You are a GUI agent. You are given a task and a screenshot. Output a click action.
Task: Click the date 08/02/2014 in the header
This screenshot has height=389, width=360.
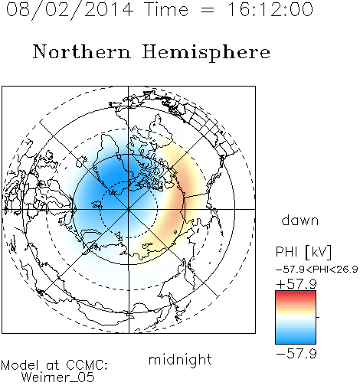tap(70, 10)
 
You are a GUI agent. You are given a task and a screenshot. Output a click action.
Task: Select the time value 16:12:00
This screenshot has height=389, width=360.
tap(270, 9)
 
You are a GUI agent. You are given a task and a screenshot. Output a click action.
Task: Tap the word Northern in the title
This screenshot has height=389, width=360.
tap(82, 51)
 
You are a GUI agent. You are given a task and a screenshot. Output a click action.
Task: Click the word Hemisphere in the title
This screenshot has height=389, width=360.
tap(206, 53)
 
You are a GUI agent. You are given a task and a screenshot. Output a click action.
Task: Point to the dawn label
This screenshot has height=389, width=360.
tap(300, 221)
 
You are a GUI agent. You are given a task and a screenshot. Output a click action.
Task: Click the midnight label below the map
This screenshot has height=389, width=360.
tap(180, 359)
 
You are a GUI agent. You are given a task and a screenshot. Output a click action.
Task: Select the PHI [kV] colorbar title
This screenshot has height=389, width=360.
tap(303, 252)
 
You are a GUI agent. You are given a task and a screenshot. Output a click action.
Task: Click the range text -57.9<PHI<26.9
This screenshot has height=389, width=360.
tap(316, 270)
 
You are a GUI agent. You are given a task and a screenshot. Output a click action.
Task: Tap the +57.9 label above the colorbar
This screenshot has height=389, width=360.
tap(296, 284)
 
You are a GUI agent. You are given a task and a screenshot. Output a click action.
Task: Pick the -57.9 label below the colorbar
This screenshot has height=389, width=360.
tap(296, 354)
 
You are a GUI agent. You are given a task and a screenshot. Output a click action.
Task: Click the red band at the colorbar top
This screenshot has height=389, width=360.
tap(296, 294)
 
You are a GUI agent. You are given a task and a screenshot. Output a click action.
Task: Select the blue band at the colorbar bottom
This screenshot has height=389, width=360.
tap(296, 340)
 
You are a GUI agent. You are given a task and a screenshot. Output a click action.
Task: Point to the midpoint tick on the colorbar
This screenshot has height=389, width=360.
tap(318, 317)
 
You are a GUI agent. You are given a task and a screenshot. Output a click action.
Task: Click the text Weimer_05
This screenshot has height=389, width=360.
tap(58, 378)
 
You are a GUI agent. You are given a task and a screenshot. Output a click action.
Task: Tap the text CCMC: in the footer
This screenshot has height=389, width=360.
tap(87, 365)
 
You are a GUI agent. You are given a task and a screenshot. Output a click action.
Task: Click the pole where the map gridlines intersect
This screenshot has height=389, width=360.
tap(129, 209)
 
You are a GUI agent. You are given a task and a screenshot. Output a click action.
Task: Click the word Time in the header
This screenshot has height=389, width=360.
tap(166, 9)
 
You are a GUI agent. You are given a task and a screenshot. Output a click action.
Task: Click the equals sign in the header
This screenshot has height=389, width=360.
tap(208, 10)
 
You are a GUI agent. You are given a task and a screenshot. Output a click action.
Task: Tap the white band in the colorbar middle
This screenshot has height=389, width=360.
tap(296, 318)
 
